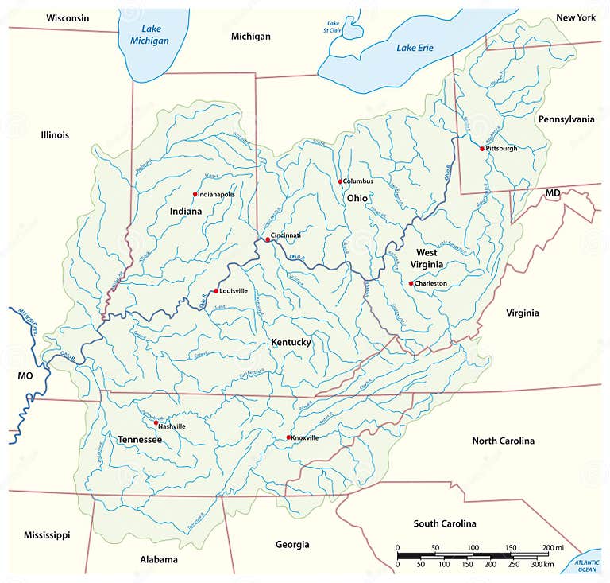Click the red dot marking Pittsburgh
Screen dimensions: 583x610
tap(481, 148)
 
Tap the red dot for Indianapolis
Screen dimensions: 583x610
tap(195, 194)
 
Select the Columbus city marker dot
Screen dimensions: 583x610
tap(340, 181)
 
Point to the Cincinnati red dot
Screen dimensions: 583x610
tap(267, 239)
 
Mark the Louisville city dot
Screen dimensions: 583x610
tap(215, 291)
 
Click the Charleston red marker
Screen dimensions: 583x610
tap(411, 283)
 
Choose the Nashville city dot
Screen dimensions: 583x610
tap(156, 423)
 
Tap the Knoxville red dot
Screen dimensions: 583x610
tap(288, 437)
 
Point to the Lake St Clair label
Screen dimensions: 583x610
tap(333, 28)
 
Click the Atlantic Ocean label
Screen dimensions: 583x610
tap(587, 566)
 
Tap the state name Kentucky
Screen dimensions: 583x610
tap(291, 342)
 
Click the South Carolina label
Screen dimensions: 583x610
tap(445, 523)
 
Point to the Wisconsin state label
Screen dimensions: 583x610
tap(68, 17)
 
